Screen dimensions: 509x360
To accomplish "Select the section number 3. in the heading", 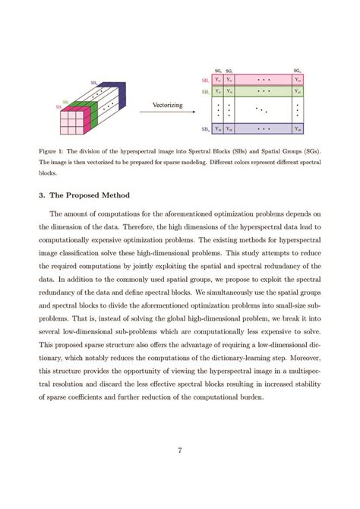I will tap(42, 194).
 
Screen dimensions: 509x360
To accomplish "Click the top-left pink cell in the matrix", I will tap(218, 78).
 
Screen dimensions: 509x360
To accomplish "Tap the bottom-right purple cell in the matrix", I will tap(298, 128).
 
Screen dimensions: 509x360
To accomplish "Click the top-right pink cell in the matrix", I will tap(298, 78).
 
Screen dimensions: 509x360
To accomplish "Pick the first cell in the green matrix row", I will tap(218, 91).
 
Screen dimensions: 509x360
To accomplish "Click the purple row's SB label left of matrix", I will tap(205, 128).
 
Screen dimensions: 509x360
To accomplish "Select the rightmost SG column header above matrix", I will tap(297, 70).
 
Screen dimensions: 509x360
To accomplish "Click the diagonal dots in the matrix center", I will tap(261, 109).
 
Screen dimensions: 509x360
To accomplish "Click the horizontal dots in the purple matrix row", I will tap(263, 128).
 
